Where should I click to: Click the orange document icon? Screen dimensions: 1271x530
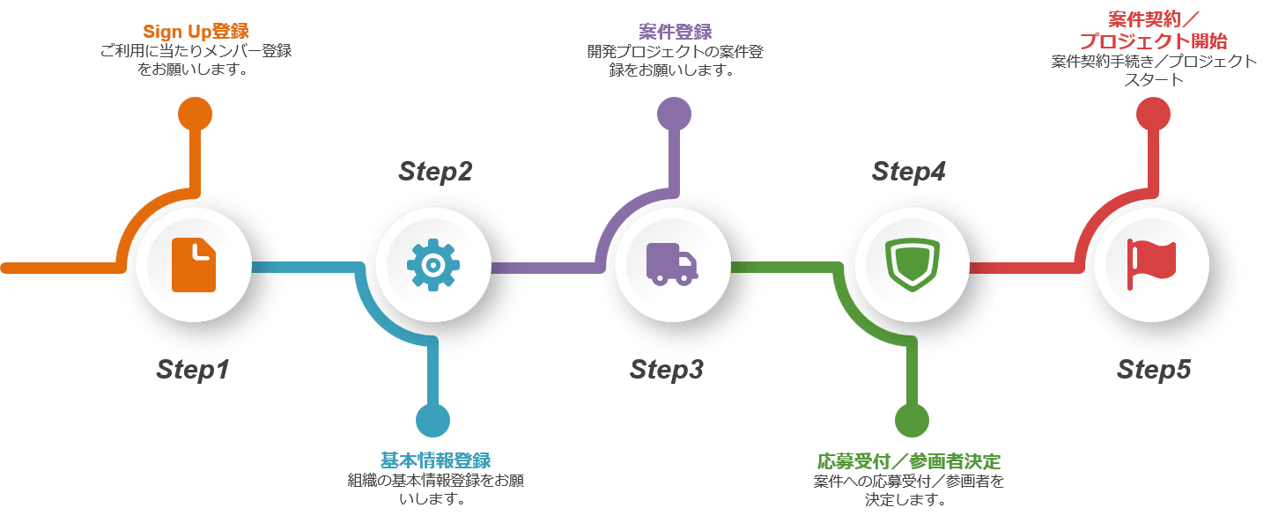[194, 265]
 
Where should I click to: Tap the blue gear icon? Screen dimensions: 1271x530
[433, 265]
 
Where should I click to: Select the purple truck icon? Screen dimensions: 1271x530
[672, 264]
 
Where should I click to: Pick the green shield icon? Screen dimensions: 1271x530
[913, 264]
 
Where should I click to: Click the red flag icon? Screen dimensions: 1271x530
[1151, 264]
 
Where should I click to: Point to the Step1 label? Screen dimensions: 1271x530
[193, 370]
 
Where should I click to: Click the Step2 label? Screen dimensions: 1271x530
[435, 172]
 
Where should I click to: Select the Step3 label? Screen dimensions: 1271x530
[667, 370]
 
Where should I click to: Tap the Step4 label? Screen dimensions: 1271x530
[908, 172]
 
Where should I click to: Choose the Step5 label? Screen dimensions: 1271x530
[1154, 370]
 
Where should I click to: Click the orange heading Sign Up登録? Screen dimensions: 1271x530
[196, 31]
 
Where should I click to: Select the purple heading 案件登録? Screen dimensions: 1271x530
[676, 32]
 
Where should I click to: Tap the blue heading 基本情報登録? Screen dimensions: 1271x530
[435, 460]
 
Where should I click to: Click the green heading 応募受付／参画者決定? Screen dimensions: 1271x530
[908, 460]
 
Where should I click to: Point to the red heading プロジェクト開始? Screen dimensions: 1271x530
[1154, 40]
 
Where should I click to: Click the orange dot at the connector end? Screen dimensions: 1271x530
[196, 114]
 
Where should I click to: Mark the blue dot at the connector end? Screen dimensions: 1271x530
[433, 421]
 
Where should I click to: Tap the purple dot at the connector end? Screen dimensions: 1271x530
[674, 114]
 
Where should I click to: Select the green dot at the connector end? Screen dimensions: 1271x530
[912, 421]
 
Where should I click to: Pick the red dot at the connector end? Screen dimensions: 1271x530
[1153, 114]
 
